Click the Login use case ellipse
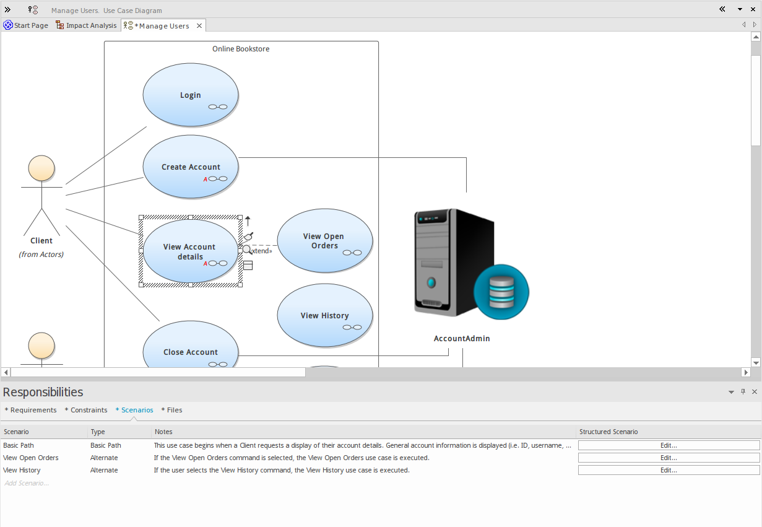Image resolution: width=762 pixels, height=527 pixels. pyautogui.click(x=190, y=95)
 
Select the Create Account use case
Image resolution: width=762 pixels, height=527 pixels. pyautogui.click(x=191, y=167)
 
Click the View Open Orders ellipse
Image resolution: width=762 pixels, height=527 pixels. pyautogui.click(x=324, y=240)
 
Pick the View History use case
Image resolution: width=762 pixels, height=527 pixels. pyautogui.click(x=324, y=315)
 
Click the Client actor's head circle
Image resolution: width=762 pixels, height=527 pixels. pyautogui.click(x=41, y=168)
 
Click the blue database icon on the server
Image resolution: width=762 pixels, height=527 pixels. pyautogui.click(x=501, y=292)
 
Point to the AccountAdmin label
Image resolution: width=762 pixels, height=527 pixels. pyautogui.click(x=462, y=339)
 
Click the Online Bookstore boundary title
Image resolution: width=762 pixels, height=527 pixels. pyautogui.click(x=241, y=49)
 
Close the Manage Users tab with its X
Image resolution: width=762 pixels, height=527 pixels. pyautogui.click(x=199, y=26)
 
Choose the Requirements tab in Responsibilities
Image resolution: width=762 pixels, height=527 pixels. pyautogui.click(x=31, y=410)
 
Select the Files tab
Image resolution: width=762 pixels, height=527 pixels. pyautogui.click(x=172, y=410)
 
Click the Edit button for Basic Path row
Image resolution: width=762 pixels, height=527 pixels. pyautogui.click(x=669, y=445)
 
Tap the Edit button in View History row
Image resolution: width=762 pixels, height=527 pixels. pyautogui.click(x=669, y=470)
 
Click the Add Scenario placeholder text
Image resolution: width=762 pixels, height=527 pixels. pyautogui.click(x=27, y=483)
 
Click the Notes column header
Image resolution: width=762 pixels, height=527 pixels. pyautogui.click(x=163, y=432)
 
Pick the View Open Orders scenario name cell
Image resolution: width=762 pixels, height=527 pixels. pyautogui.click(x=31, y=458)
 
